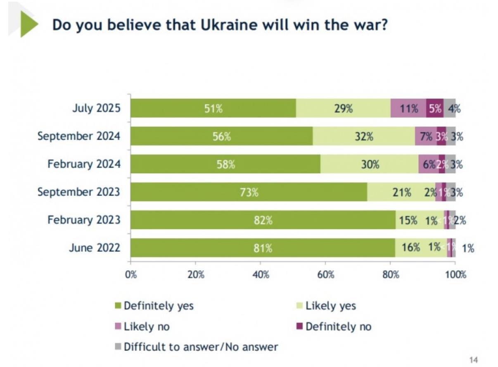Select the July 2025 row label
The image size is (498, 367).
96,109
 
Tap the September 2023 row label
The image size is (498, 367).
79,192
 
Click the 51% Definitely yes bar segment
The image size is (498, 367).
213,108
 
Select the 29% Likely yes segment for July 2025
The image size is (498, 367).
343,108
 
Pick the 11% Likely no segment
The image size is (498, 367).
408,108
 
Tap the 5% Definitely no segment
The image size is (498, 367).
435,108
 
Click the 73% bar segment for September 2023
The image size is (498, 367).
249,192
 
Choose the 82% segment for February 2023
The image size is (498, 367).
263,220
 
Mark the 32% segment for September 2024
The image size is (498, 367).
364,136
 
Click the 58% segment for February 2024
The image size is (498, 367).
225,164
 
